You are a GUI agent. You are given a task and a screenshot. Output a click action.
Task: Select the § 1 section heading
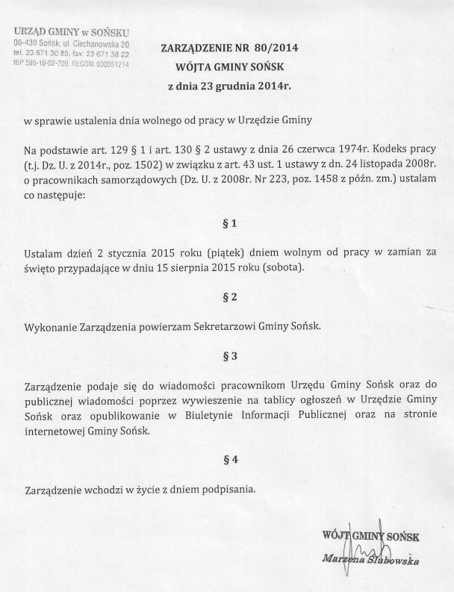[229, 224]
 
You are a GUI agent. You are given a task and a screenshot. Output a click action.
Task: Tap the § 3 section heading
[230, 356]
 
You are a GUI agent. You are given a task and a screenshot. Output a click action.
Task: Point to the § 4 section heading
[230, 461]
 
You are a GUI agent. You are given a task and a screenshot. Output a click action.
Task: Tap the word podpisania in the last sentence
[229, 490]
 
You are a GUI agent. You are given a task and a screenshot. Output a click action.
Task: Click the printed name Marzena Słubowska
[370, 559]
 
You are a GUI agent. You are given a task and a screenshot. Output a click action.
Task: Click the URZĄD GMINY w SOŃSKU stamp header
[72, 33]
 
